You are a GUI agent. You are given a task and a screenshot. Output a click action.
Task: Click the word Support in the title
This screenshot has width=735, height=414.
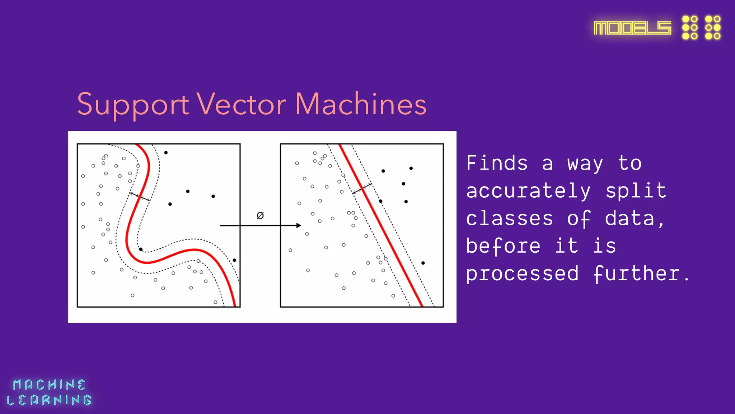pos(133,105)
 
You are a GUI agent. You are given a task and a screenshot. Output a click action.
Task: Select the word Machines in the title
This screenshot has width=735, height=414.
pos(361,105)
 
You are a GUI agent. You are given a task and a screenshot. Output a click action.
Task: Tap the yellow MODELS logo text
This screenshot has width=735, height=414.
pos(632,28)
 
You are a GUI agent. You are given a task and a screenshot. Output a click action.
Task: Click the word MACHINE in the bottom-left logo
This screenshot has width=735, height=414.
pos(49,385)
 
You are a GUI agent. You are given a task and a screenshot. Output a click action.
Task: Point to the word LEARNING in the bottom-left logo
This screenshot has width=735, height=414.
pos(49,400)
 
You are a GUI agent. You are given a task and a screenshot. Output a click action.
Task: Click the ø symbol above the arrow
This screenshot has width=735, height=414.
pos(260,215)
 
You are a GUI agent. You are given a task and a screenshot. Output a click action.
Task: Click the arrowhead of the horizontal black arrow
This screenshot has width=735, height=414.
pos(298,225)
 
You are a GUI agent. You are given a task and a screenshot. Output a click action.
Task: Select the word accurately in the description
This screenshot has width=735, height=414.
pos(528,191)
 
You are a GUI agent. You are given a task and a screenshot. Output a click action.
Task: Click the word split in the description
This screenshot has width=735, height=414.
pos(636,191)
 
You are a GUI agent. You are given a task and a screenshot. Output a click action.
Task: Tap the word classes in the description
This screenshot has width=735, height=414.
pos(509,218)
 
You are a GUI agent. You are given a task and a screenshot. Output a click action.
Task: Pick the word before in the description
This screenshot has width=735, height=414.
pos(503,246)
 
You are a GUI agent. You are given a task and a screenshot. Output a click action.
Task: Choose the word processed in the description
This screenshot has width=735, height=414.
pos(522,274)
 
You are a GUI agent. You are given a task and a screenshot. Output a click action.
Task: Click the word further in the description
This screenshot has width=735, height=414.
pos(636,274)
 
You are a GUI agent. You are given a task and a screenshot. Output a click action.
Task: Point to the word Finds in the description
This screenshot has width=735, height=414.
pos(497,163)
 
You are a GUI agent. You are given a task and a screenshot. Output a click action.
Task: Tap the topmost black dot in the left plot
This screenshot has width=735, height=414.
pos(166,153)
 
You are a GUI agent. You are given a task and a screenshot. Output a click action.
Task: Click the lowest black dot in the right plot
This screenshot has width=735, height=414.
pos(423,263)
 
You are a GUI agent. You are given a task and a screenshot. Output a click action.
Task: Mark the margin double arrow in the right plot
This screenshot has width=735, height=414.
pos(362,189)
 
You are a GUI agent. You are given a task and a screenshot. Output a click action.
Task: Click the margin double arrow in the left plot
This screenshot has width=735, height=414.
pos(140,197)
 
